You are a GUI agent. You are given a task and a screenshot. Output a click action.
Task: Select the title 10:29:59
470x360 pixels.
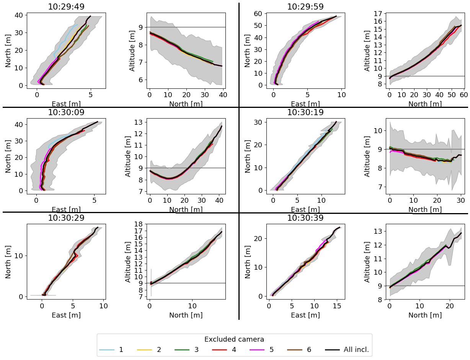(x=305, y=7)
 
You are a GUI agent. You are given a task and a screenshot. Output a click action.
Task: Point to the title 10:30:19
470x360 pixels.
(x=305, y=112)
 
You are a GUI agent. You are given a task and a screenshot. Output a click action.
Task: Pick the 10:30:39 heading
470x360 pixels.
(x=305, y=218)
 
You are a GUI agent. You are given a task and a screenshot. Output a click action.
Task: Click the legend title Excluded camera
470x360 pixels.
(x=234, y=339)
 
